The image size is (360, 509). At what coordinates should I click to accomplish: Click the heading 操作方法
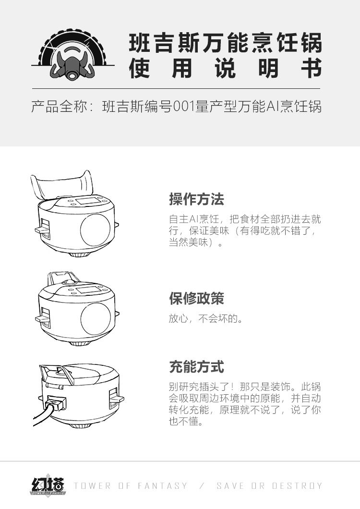196,199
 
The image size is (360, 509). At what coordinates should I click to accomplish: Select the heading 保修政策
196,298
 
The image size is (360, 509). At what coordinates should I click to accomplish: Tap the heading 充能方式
196,367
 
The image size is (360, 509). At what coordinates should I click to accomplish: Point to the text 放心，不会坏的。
206,318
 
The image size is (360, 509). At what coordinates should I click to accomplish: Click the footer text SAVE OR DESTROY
269,485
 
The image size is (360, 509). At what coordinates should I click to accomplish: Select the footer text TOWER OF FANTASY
131,485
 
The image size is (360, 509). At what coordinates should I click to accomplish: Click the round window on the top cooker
95,230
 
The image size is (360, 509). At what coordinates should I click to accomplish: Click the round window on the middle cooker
96,319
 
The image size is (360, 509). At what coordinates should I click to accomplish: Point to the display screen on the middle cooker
87,290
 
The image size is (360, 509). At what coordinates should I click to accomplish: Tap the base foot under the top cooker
80,254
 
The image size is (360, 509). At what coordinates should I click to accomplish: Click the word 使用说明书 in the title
225,68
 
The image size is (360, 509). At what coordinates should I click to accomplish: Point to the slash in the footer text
202,485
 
